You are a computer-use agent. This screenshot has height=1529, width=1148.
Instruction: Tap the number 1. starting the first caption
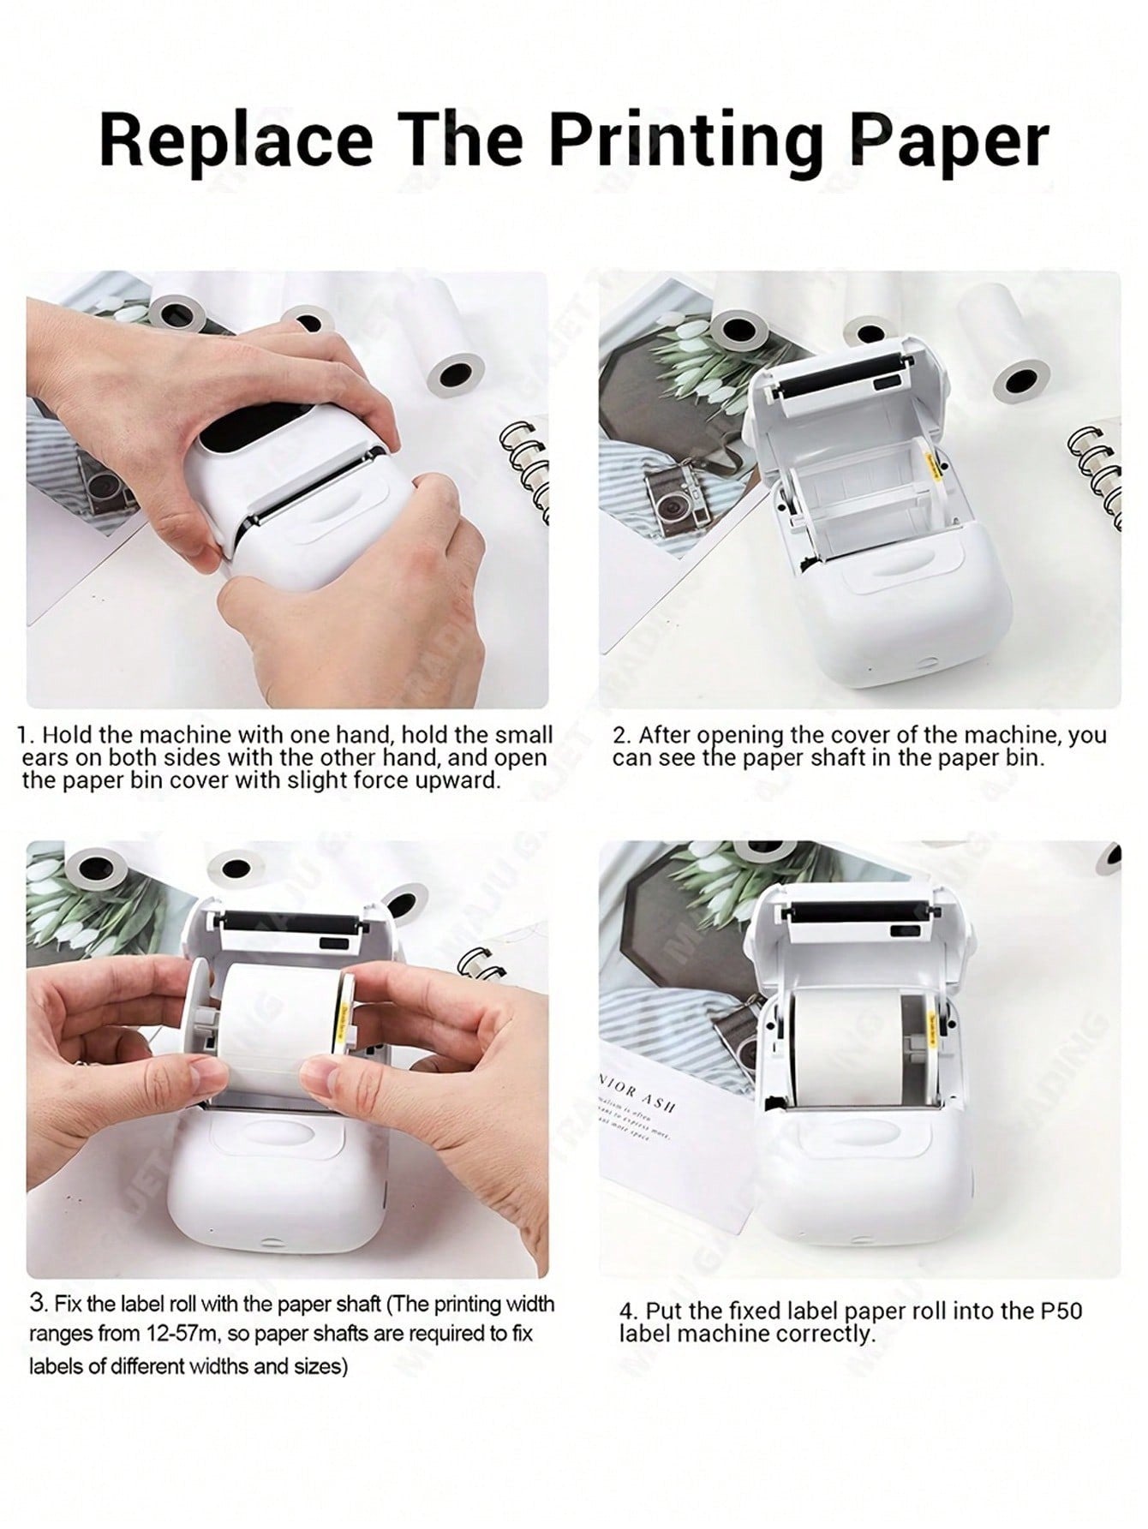click(27, 735)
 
